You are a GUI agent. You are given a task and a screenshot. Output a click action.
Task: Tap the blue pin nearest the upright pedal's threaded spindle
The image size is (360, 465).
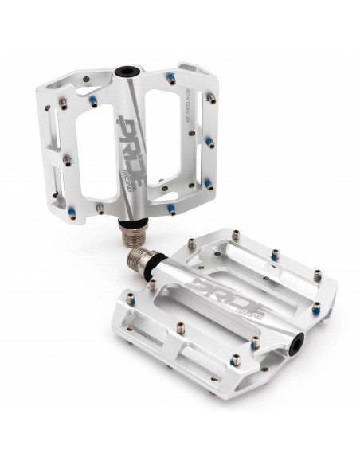[170, 210]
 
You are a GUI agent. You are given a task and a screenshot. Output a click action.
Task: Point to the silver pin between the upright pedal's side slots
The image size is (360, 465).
[66, 160]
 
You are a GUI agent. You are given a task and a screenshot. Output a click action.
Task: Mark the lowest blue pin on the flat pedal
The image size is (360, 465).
[254, 344]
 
